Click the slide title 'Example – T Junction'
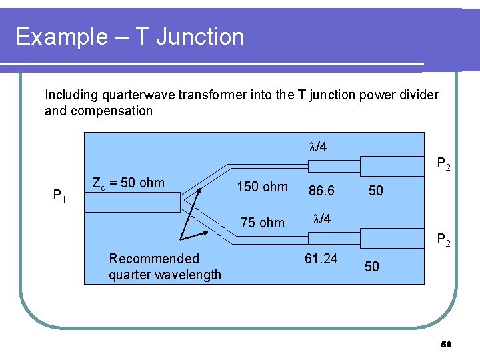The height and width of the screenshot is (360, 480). click(x=130, y=37)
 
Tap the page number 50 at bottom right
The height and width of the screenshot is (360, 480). click(x=447, y=345)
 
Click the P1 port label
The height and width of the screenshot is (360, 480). click(x=60, y=195)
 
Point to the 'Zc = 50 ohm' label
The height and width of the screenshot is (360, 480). click(x=127, y=183)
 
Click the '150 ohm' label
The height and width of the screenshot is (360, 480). click(x=263, y=187)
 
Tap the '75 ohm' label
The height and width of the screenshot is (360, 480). click(x=263, y=223)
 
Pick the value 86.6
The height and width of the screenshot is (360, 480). click(x=321, y=191)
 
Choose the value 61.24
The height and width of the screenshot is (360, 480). click(x=321, y=258)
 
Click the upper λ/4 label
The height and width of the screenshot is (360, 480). click(x=318, y=147)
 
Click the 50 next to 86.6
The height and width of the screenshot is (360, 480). click(x=376, y=191)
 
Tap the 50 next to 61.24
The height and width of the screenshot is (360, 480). click(x=372, y=267)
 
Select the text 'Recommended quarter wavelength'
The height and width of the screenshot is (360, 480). click(x=165, y=267)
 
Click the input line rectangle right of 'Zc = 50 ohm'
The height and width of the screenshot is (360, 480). click(x=133, y=201)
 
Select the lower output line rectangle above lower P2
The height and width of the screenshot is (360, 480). click(x=392, y=236)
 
